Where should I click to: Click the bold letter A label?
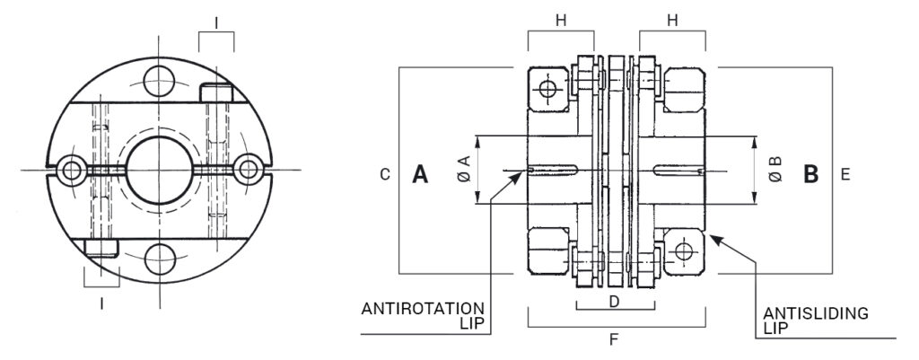pyautogui.click(x=420, y=174)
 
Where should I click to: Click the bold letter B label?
pyautogui.click(x=810, y=174)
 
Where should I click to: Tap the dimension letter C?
pyautogui.click(x=385, y=175)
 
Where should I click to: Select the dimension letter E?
pyautogui.click(x=845, y=175)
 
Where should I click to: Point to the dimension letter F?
pyautogui.click(x=614, y=338)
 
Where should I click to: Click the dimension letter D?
pyautogui.click(x=614, y=302)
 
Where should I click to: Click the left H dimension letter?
pyautogui.click(x=561, y=21)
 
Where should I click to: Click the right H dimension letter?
pyautogui.click(x=672, y=21)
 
